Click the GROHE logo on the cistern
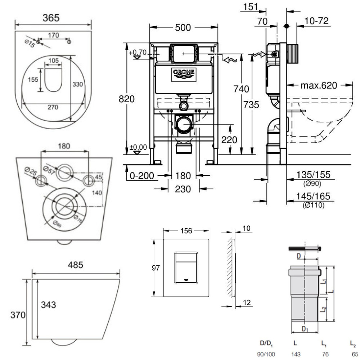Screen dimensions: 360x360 click(x=184, y=73)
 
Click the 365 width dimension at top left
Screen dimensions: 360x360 click(x=51, y=18)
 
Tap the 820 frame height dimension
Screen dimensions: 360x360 click(x=127, y=99)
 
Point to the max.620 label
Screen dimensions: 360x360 click(x=319, y=86)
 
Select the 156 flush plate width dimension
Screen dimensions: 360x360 click(x=186, y=231)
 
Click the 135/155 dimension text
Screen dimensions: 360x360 click(x=313, y=175)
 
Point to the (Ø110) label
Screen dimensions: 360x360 click(x=313, y=206)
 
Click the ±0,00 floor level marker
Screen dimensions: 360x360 click(x=139, y=147)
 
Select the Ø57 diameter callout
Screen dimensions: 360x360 click(x=49, y=169)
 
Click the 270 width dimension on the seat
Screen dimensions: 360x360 click(x=53, y=107)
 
